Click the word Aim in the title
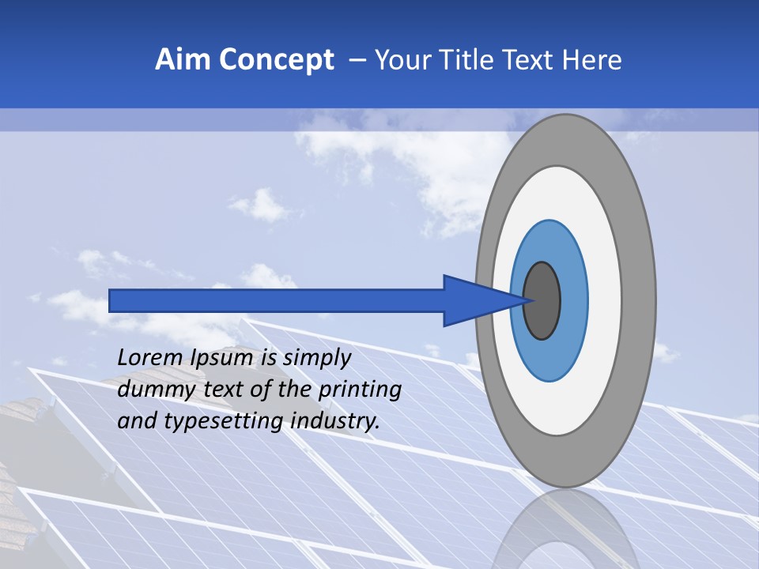(182, 60)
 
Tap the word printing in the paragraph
(360, 390)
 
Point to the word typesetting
(226, 421)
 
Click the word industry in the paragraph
(335, 421)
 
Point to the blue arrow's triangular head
(474, 301)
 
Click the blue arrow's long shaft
(277, 301)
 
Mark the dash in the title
(357, 60)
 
